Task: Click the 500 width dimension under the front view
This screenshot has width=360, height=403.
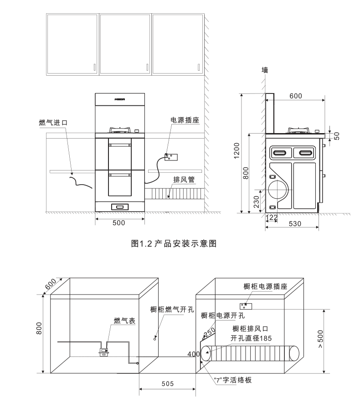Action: click(119, 222)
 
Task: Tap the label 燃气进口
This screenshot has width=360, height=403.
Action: click(53, 123)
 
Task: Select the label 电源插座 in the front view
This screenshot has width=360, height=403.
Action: click(185, 120)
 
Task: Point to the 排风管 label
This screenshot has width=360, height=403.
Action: click(184, 180)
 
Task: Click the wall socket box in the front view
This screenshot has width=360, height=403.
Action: click(171, 157)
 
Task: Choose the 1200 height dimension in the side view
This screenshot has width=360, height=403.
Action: click(237, 150)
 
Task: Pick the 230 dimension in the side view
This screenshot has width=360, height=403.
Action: click(256, 202)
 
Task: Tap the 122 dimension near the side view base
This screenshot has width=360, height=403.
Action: click(272, 217)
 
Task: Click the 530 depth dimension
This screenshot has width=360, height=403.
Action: click(295, 223)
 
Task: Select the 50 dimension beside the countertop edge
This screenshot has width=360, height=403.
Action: click(337, 136)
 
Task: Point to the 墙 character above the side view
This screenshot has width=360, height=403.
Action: click(265, 70)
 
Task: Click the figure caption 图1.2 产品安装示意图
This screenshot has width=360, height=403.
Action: click(174, 243)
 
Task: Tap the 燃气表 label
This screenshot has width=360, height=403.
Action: click(124, 320)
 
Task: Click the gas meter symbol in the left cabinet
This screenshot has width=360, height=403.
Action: click(103, 351)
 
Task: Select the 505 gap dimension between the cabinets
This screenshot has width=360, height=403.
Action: click(168, 384)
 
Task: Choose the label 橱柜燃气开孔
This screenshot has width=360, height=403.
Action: click(172, 309)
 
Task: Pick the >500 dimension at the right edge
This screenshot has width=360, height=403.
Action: click(320, 339)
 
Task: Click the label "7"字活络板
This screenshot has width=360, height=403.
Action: click(233, 380)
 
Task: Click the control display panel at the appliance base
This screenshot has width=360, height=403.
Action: click(120, 207)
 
